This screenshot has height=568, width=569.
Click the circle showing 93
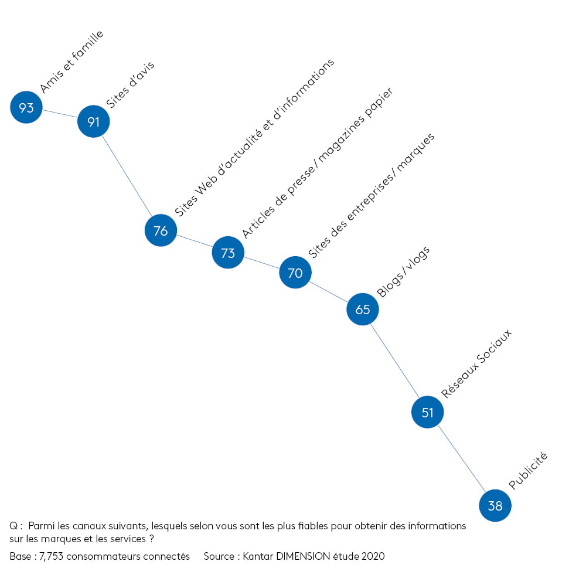(26, 107)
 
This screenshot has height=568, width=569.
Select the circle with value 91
(93, 121)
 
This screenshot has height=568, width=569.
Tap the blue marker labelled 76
(161, 230)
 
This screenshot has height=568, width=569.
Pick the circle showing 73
(228, 252)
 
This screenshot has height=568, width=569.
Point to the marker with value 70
(295, 272)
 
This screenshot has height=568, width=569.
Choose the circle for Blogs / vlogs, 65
(363, 309)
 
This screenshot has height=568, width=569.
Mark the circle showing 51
(427, 412)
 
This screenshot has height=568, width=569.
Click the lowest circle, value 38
(495, 505)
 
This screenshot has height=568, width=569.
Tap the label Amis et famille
(71, 62)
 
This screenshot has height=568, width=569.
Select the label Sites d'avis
(130, 84)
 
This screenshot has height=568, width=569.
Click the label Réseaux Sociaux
(476, 363)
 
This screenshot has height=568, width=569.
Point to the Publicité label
(528, 471)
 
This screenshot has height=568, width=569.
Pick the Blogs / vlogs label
(403, 272)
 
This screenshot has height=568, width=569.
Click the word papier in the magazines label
(379, 103)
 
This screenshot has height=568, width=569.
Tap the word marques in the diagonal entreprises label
(415, 152)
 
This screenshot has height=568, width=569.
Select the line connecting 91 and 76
(127, 176)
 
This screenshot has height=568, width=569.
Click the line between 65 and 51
(395, 360)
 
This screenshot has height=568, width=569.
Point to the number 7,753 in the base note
(51, 556)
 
